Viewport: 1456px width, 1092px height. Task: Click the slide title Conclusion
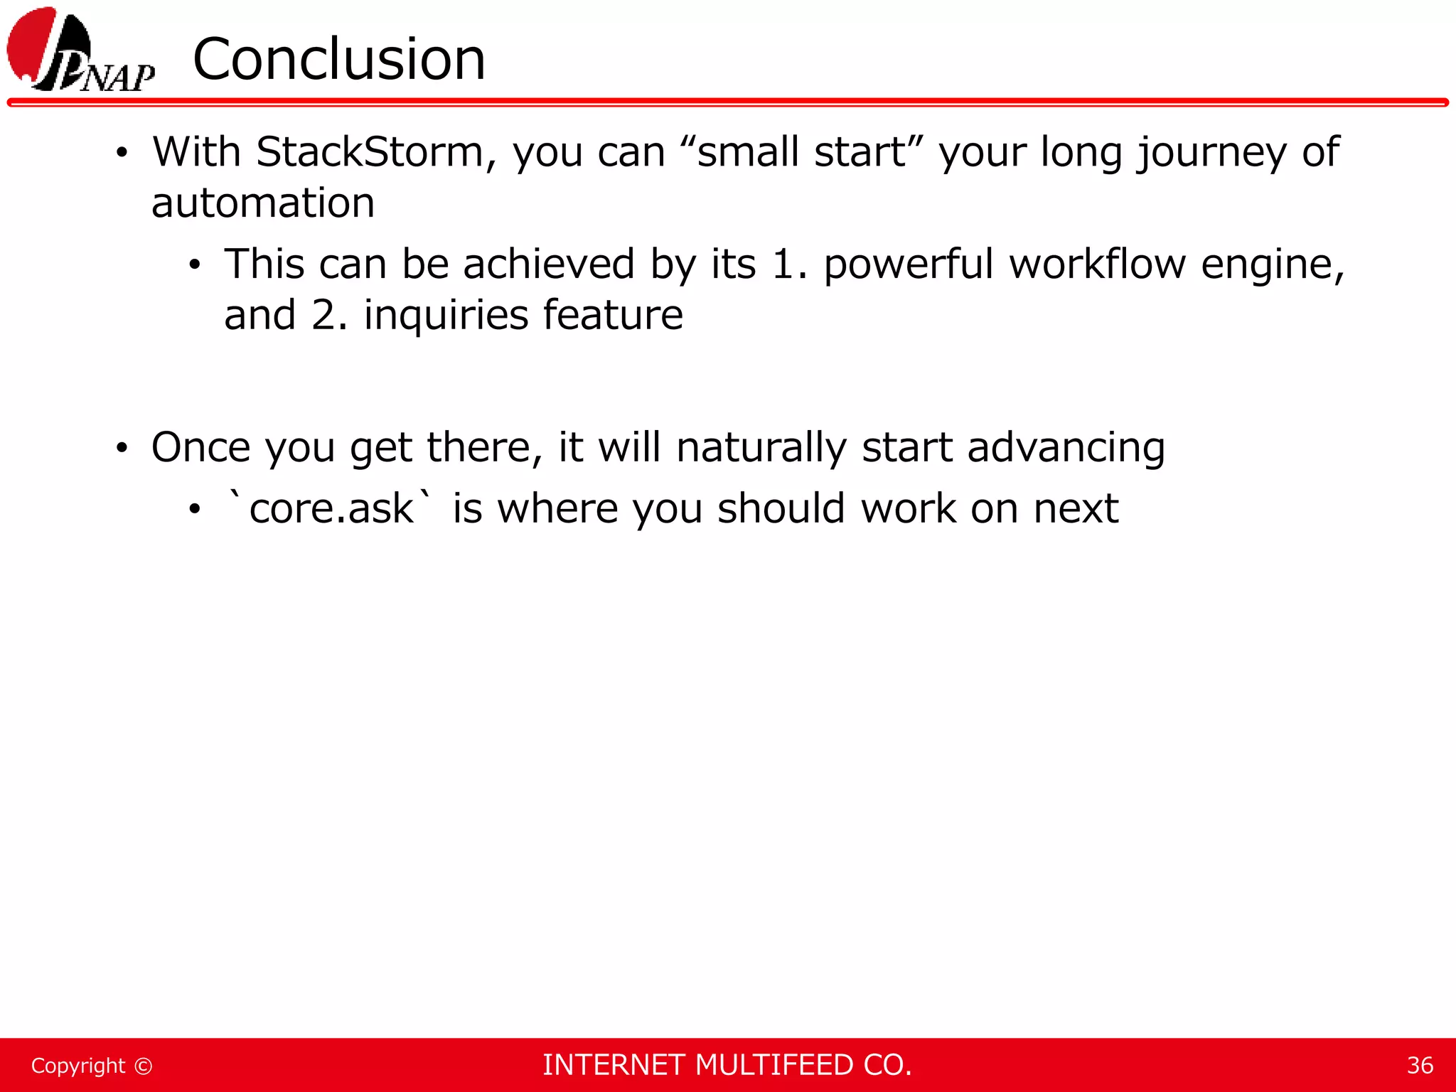(x=339, y=60)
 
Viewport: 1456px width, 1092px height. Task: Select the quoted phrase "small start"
(x=801, y=152)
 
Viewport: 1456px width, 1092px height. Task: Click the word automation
(x=263, y=203)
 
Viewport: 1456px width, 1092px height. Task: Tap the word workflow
(x=1098, y=264)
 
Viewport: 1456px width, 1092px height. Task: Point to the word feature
(x=612, y=316)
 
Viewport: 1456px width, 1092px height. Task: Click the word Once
(x=201, y=448)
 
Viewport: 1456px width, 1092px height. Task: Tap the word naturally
(x=761, y=448)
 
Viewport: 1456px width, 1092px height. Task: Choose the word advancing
(x=1066, y=448)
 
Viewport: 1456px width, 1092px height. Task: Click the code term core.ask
(x=330, y=509)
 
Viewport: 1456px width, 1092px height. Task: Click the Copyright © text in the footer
(x=92, y=1066)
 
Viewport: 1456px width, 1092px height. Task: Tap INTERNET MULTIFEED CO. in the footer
(x=727, y=1065)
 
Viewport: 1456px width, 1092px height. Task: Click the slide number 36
(x=1420, y=1066)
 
